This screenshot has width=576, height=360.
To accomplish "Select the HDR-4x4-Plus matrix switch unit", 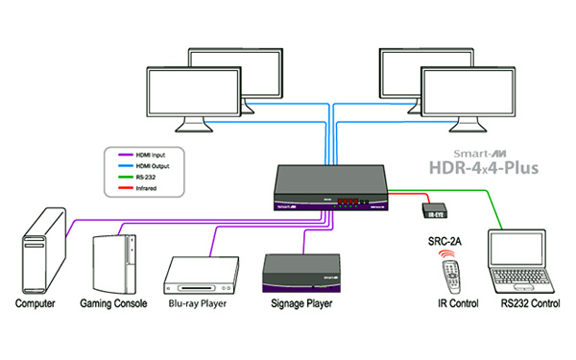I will coord(334,183).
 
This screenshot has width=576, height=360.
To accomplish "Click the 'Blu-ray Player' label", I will coord(203,304).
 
